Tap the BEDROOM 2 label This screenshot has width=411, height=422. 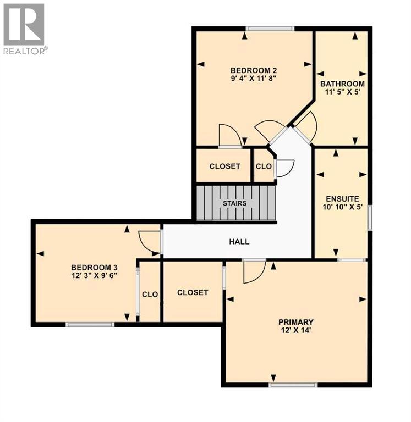tap(253, 70)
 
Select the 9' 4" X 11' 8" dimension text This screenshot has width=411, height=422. tap(253, 79)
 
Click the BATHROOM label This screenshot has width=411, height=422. tap(342, 84)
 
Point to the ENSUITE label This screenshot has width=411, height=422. tap(342, 199)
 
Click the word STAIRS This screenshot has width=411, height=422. tap(234, 203)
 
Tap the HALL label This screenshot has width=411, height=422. tap(239, 241)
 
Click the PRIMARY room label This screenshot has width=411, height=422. tap(295, 322)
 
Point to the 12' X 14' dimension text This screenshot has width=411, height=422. tap(295, 331)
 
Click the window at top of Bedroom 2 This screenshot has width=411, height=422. tap(270, 29)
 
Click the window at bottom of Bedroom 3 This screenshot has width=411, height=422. tap(90, 325)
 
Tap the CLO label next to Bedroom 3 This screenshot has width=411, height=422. tap(150, 295)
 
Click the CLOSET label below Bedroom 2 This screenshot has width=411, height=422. tap(224, 166)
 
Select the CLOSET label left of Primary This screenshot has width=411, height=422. tap(193, 292)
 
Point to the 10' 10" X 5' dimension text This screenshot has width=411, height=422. tap(342, 208)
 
